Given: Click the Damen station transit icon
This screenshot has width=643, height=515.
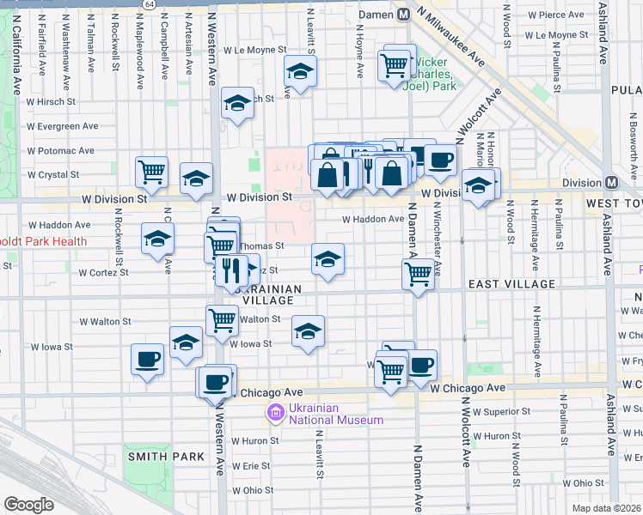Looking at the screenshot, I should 404,15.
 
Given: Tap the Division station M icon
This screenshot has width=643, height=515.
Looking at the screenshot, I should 612,182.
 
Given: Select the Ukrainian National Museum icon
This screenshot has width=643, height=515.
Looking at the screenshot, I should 276,414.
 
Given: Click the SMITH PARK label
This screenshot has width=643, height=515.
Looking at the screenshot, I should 165,457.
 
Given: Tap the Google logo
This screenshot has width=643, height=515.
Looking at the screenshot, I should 28,504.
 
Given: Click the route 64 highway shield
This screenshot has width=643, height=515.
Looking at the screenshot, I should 150,4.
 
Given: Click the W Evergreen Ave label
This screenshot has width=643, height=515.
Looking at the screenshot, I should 62,126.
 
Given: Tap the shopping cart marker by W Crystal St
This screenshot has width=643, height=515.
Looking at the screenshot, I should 152,171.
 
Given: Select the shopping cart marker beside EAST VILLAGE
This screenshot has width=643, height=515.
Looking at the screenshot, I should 418,274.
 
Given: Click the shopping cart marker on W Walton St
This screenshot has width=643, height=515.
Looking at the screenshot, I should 222,320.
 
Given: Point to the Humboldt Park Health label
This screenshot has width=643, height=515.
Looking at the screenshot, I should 43,241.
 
